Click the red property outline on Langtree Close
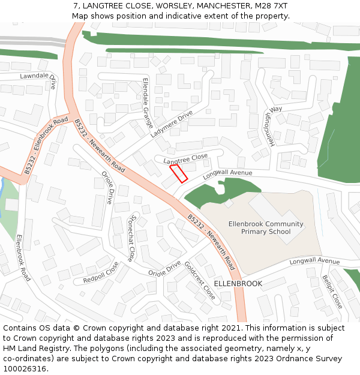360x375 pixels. pyautogui.click(x=179, y=173)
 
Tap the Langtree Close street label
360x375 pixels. pyautogui.click(x=185, y=158)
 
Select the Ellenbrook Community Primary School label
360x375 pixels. pyautogui.click(x=266, y=227)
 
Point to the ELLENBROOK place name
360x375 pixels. pyautogui.click(x=238, y=283)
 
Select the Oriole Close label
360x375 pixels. pyautogui.click(x=107, y=188)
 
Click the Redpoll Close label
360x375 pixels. pyautogui.click(x=101, y=272)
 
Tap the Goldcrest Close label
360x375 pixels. pyautogui.click(x=200, y=281)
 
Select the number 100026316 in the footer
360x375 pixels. pyautogui.click(x=24, y=368)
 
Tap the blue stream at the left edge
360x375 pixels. pyautogui.click(x=3, y=189)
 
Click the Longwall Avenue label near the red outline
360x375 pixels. pyautogui.click(x=227, y=173)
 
